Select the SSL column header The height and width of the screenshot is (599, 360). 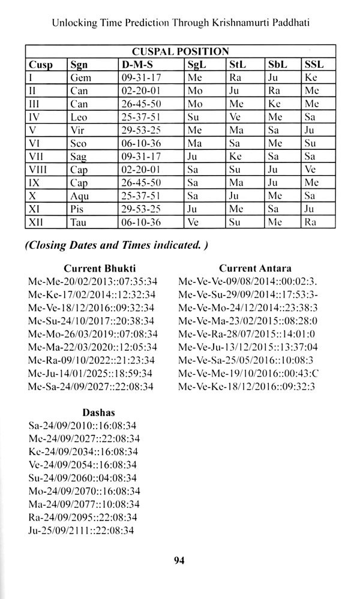coord(314,64)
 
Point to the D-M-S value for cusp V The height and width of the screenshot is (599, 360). coord(137,131)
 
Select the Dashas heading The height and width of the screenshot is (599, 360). coord(98,413)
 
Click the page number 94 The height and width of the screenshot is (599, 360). coord(179,561)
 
